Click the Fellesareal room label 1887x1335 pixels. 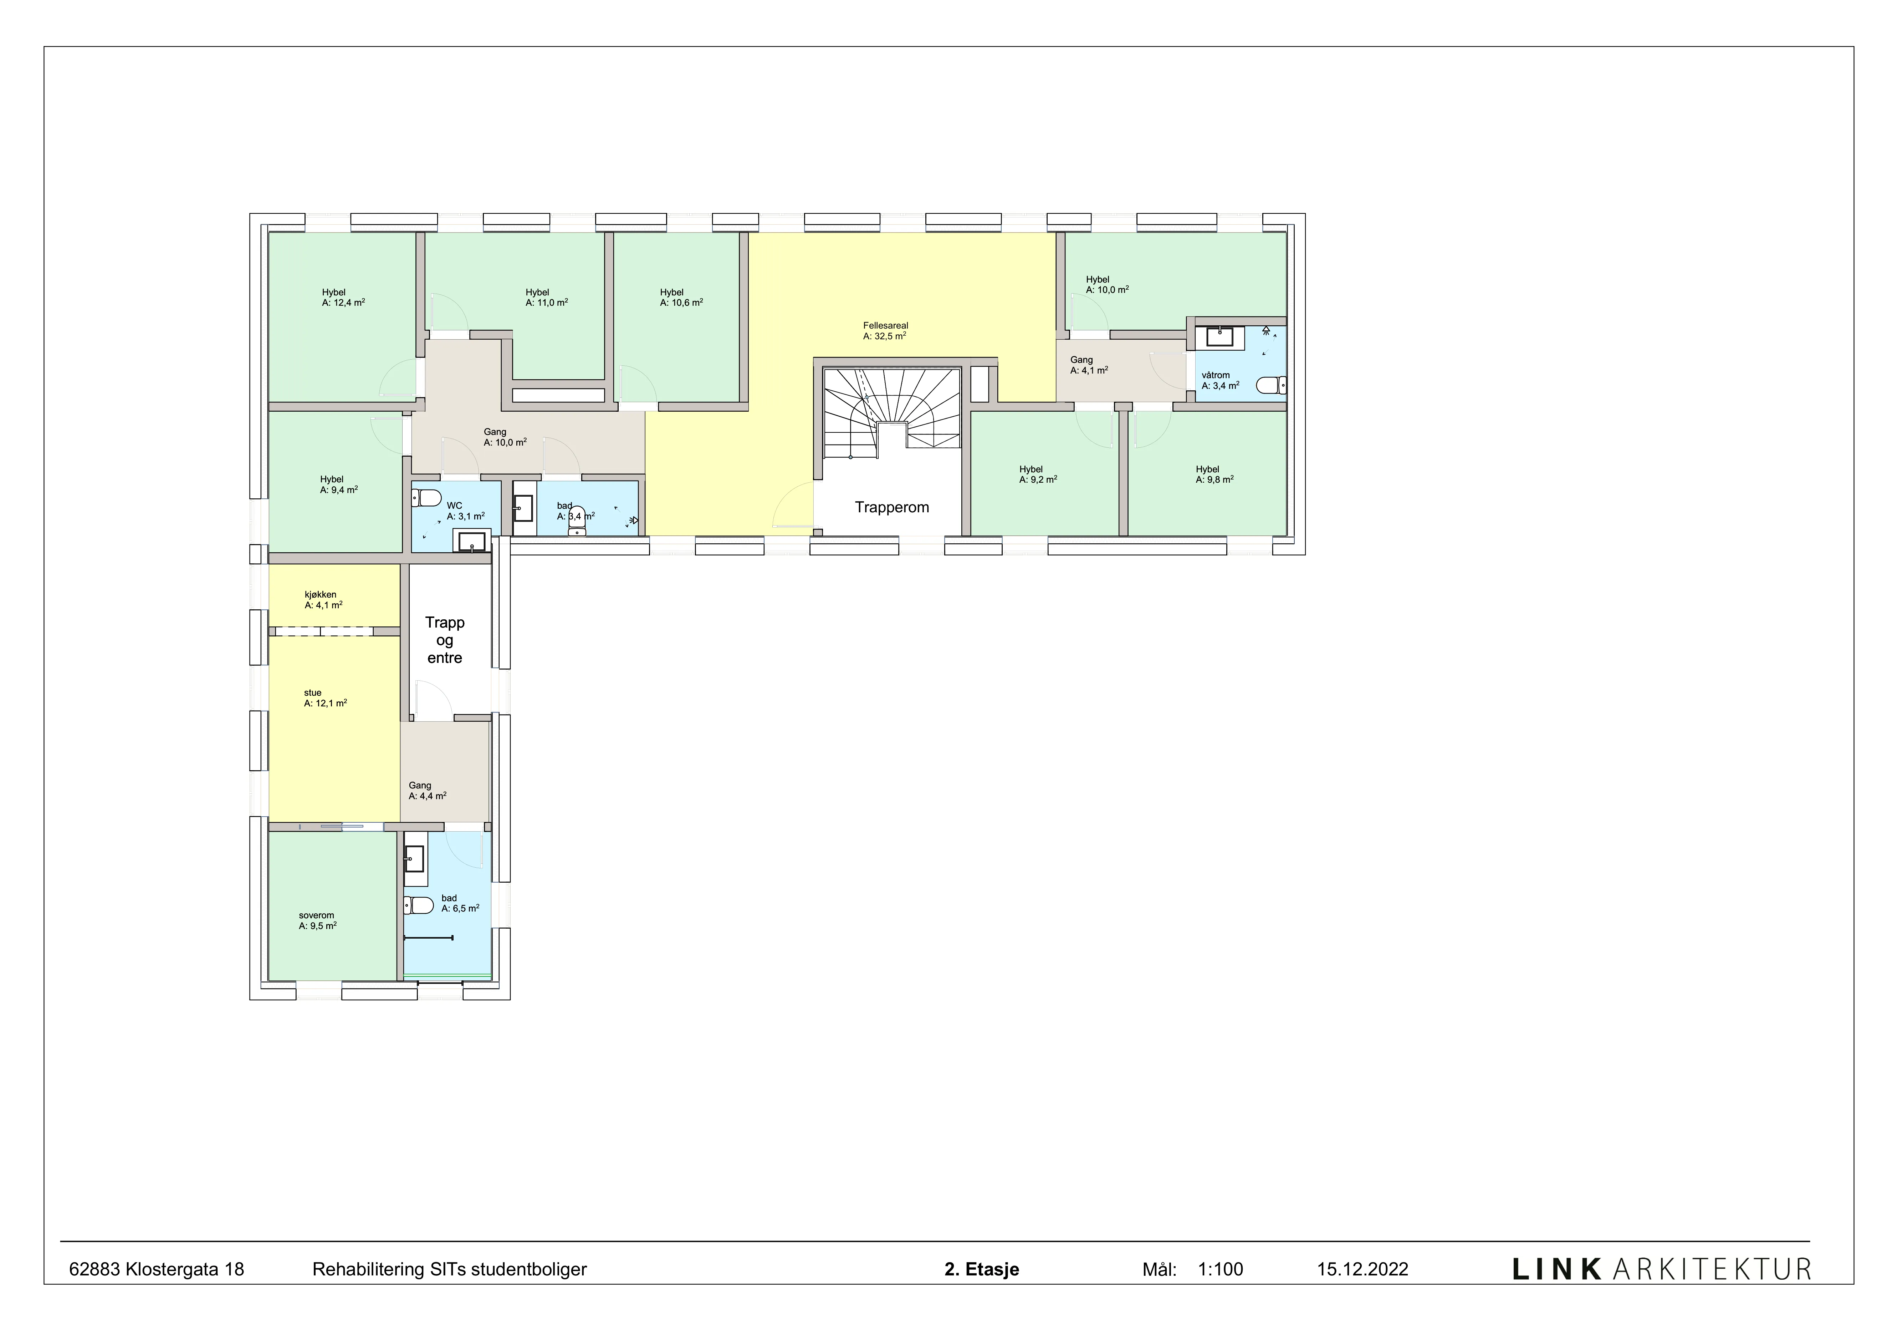pos(885,325)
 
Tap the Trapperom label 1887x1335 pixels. pos(892,507)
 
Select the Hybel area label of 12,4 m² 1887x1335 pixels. pos(343,303)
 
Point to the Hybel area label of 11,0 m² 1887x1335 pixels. pos(547,303)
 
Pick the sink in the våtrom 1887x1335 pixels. pos(1219,336)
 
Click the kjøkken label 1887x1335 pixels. pos(321,594)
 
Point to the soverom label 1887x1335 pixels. pos(316,915)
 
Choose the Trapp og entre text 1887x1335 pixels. pos(445,640)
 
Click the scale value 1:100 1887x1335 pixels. pos(1221,1269)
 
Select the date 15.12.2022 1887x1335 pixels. pos(1362,1269)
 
